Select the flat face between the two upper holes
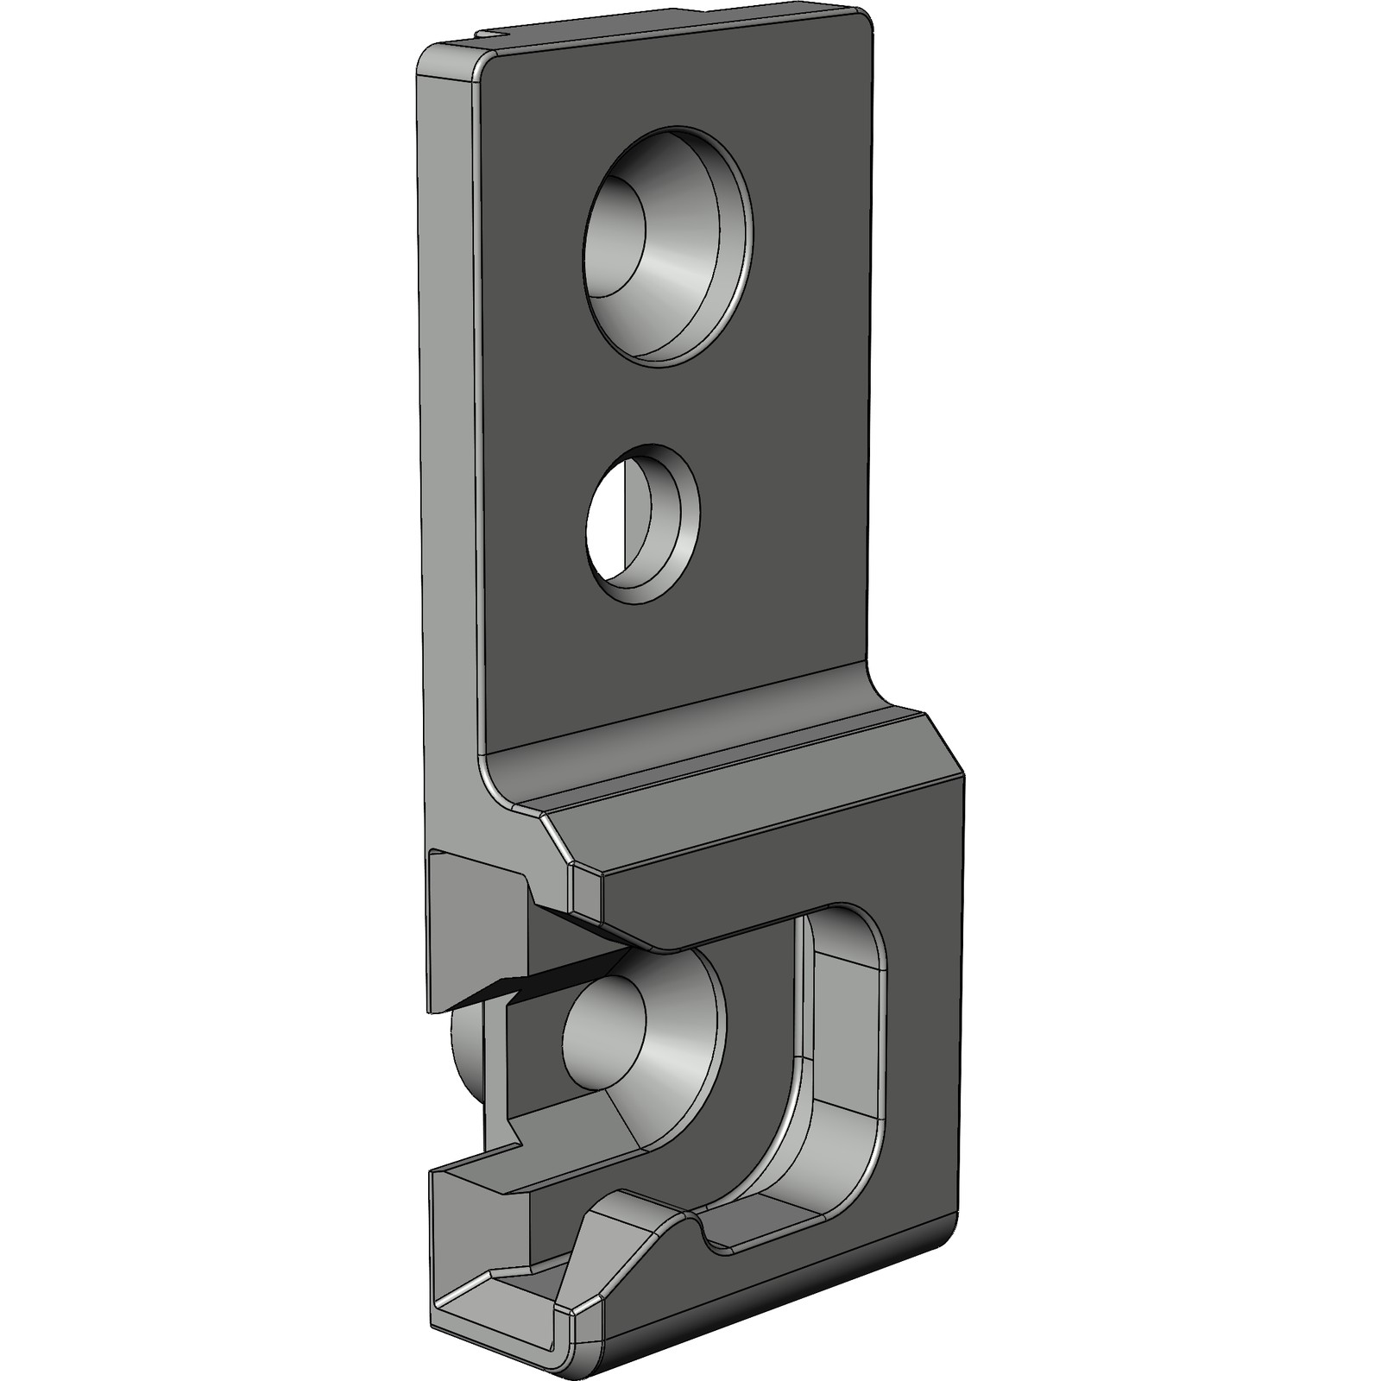pyautogui.click(x=656, y=397)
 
